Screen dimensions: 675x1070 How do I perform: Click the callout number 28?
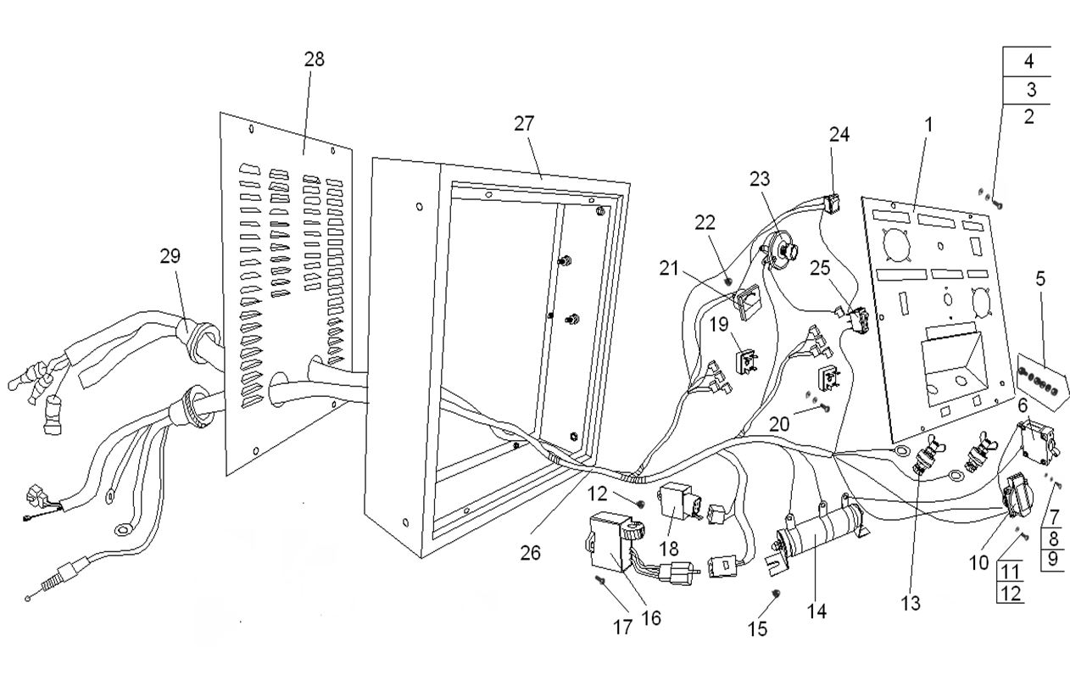[314, 59]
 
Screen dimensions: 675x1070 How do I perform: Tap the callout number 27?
[524, 123]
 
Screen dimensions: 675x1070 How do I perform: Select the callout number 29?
[170, 256]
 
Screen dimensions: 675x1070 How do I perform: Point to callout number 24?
[839, 134]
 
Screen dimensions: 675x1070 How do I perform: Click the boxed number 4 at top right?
[1028, 61]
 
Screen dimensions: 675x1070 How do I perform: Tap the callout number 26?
[531, 552]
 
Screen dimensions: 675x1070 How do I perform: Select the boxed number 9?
[1052, 559]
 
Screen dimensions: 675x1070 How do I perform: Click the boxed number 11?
[1009, 569]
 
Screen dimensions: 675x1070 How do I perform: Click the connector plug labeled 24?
[834, 203]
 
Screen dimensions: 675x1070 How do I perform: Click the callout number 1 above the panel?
[928, 125]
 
